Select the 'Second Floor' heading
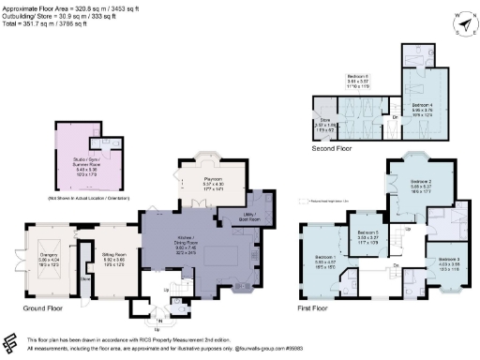(332, 147)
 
